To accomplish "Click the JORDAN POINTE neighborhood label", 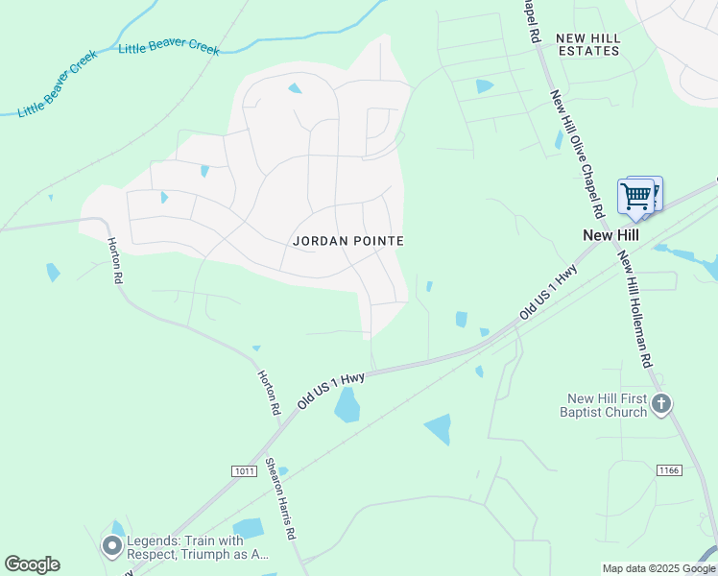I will coord(347,241).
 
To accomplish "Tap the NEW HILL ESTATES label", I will coord(588,44).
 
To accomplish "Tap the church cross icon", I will coord(661,404).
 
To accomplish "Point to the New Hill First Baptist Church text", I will coord(606,405).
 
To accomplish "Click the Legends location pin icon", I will coord(112,546).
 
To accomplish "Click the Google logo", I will coord(32,564).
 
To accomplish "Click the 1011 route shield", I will coord(244,470).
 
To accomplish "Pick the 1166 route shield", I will coord(669,469).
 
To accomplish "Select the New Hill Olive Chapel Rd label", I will coord(576,152).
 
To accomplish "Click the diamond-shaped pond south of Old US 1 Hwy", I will coord(439,428).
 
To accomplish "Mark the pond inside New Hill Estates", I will coord(484,86).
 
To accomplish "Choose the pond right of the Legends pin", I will coord(249,528).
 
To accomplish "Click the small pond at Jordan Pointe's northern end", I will coord(295,88).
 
